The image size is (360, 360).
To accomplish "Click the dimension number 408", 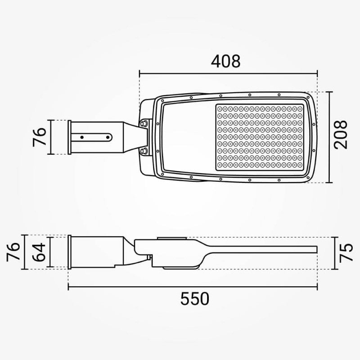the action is tap(226, 61).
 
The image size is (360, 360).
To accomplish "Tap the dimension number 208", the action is tap(341, 135).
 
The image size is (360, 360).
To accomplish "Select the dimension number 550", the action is tap(195, 298).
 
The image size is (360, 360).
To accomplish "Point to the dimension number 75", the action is tap(346, 253).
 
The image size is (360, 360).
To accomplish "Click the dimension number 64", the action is tap(39, 252).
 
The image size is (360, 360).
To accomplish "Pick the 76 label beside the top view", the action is tap(40, 137).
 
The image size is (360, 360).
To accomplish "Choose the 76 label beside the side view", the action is tap(13, 252).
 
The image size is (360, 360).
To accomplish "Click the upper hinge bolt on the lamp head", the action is tap(144, 123).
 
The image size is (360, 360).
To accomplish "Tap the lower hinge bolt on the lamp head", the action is tap(144, 151).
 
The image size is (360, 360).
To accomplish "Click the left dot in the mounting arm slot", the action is tap(82, 137).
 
